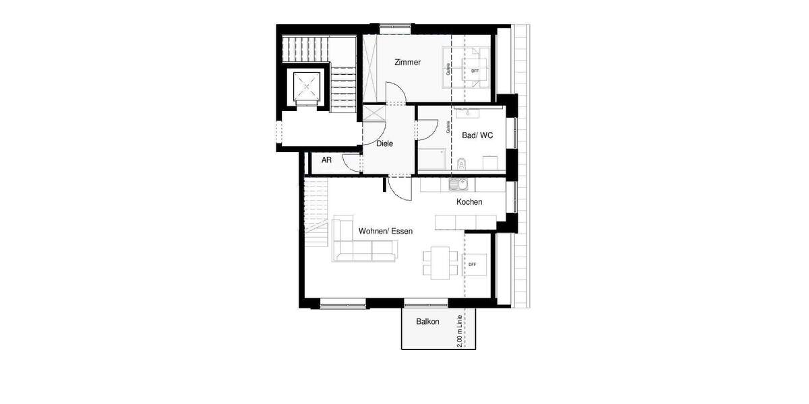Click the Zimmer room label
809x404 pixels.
407,63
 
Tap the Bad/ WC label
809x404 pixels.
477,135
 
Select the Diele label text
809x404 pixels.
384,143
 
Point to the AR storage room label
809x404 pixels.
326,160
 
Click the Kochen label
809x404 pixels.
469,202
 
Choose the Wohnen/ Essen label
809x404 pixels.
386,231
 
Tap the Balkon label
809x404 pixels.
427,322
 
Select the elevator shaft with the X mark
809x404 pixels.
308,86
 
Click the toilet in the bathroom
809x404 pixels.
462,163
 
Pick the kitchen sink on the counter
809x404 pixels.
457,184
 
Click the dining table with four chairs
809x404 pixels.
438,262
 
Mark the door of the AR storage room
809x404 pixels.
353,162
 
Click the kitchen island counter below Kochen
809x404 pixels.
466,222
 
